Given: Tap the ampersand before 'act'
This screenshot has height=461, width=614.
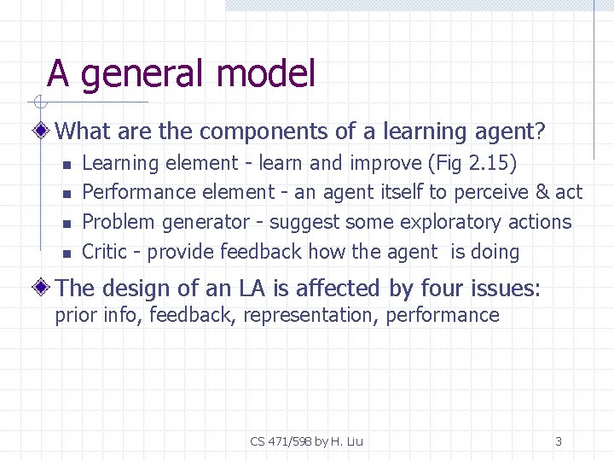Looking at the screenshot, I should [542, 192].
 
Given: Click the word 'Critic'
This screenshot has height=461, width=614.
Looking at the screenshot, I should [110, 252].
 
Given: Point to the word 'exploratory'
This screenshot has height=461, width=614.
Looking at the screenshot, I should [450, 222].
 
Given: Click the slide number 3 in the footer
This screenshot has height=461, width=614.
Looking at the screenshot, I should [559, 441].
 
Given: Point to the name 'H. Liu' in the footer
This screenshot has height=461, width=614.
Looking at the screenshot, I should [346, 441].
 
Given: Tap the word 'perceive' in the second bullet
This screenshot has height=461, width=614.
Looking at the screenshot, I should [491, 192].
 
